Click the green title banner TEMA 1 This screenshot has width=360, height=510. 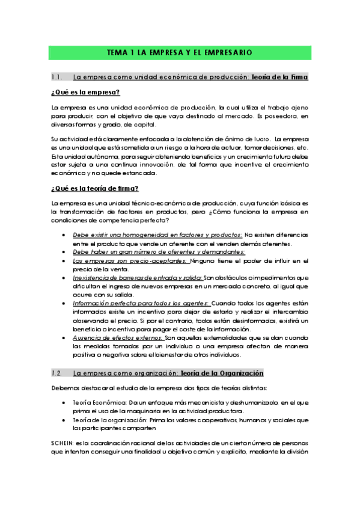click(x=179, y=53)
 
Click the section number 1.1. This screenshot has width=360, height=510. click(x=58, y=77)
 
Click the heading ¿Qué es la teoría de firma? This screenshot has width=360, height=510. click(x=95, y=188)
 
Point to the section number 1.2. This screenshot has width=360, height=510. click(x=58, y=373)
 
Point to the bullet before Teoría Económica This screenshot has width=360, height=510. click(x=64, y=402)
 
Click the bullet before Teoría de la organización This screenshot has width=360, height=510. click(x=64, y=419)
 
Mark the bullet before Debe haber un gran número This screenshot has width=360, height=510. click(x=64, y=252)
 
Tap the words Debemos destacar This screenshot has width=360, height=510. click(x=75, y=387)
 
